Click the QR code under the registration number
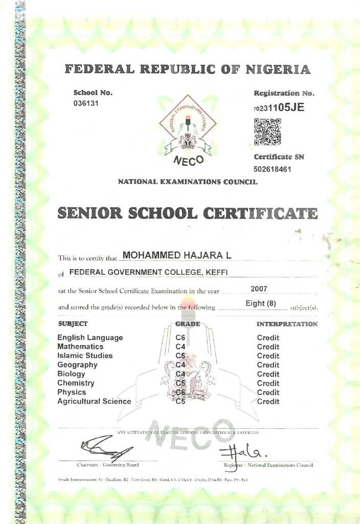[x=267, y=132]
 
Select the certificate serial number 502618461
[x=273, y=169]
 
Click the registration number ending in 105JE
[x=279, y=107]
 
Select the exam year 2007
[x=259, y=289]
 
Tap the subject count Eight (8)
[x=261, y=303]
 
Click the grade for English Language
[x=180, y=338]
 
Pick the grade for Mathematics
[x=180, y=347]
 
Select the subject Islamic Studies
[x=85, y=356]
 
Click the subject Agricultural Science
[x=94, y=402]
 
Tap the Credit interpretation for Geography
[x=268, y=365]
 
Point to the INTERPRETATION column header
[x=287, y=324]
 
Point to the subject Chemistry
[x=76, y=383]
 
